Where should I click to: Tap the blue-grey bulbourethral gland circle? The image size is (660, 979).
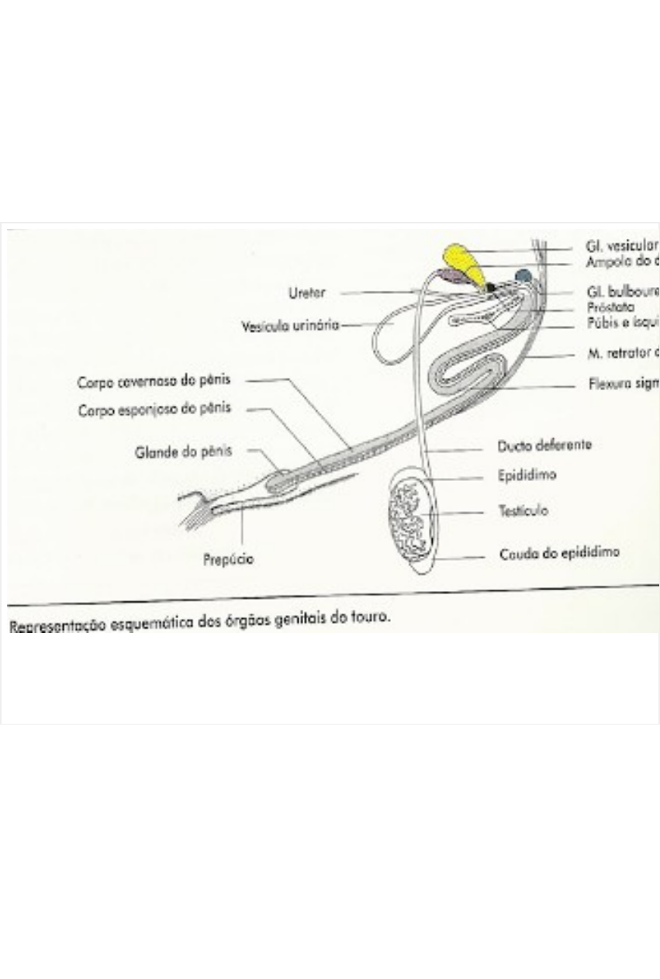click(x=524, y=275)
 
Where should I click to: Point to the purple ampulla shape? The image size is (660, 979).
click(x=449, y=276)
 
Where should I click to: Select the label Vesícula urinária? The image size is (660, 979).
click(x=290, y=326)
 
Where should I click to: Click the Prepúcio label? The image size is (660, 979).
click(x=228, y=559)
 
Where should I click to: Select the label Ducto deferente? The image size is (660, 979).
click(x=544, y=446)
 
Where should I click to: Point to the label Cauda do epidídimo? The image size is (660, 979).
click(x=558, y=553)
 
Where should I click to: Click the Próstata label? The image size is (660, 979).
click(x=610, y=307)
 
